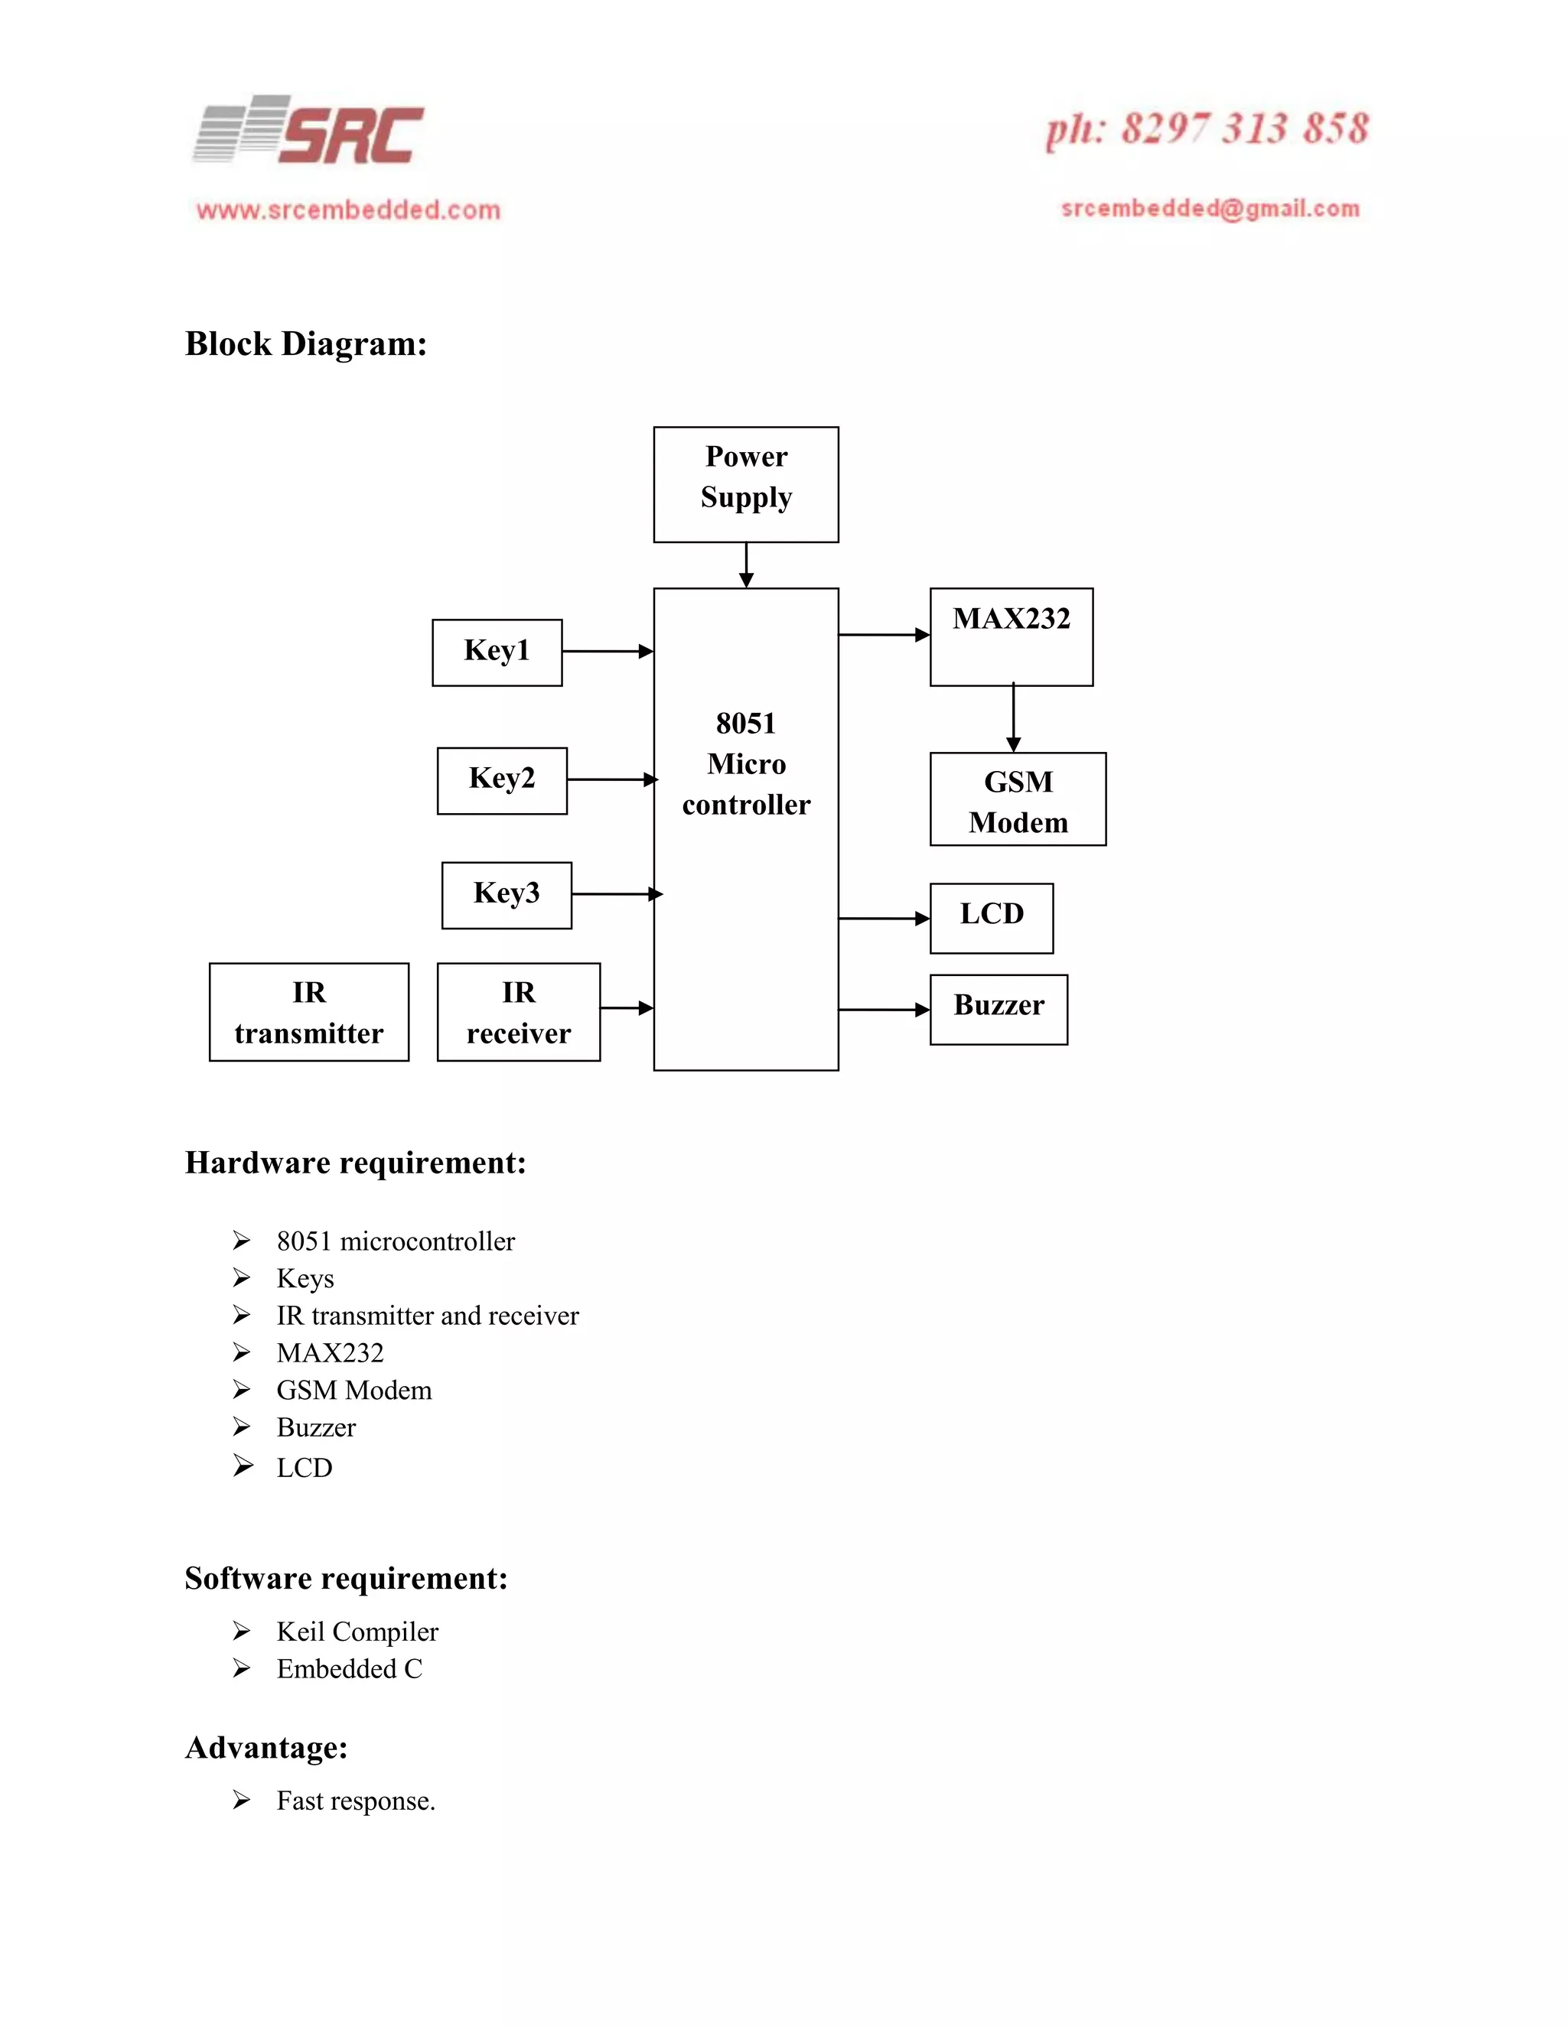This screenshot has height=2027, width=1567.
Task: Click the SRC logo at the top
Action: coord(309,132)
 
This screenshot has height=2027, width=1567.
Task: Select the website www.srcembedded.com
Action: coord(348,210)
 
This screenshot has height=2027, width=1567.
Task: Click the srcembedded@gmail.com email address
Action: coord(1210,209)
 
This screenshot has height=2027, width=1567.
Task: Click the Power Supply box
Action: coord(745,484)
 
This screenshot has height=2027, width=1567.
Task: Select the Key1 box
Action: coord(497,652)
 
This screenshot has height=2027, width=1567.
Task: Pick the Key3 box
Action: coord(506,895)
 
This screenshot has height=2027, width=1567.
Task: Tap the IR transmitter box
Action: coord(309,1012)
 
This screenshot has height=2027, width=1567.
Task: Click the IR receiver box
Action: coord(518,1012)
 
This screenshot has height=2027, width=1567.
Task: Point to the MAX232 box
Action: coord(1011,636)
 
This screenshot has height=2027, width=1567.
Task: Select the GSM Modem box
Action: coord(1018,799)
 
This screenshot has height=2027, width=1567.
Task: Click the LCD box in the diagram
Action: coord(992,918)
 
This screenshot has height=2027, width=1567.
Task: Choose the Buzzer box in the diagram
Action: coord(998,1009)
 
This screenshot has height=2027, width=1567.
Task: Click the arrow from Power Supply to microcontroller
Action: coord(745,565)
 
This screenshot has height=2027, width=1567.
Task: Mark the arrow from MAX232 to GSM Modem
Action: coord(1013,718)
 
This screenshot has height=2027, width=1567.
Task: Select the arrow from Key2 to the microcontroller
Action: coord(611,779)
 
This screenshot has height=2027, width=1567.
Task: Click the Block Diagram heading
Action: coord(305,344)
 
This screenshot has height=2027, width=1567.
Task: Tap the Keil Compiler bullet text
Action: coord(357,1631)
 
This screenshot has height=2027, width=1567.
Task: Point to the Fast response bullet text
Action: coord(356,1801)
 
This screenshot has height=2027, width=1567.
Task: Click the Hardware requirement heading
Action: coord(356,1163)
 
